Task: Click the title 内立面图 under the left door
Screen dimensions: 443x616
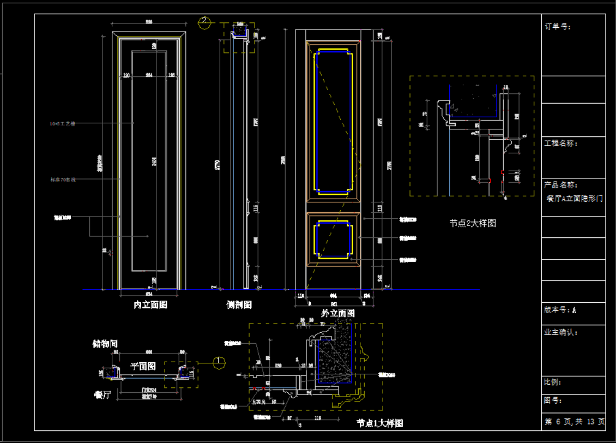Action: click(150, 305)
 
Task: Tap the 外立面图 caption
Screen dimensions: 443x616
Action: click(338, 313)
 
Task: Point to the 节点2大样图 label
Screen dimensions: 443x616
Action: click(473, 223)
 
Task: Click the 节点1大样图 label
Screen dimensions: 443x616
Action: click(380, 423)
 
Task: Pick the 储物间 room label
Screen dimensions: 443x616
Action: click(105, 344)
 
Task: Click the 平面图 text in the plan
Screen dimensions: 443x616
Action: click(143, 365)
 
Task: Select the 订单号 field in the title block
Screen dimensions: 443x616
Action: click(557, 26)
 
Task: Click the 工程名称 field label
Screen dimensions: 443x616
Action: click(561, 143)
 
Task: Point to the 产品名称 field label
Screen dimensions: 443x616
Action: click(561, 185)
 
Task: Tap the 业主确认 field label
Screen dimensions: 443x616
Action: click(561, 332)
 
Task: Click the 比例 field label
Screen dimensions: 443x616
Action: click(553, 382)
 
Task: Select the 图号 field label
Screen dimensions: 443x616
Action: click(553, 400)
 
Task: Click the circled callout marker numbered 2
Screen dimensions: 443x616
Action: click(204, 22)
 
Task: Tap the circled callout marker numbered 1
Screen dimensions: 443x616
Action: click(220, 362)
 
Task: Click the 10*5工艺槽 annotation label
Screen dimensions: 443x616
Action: click(62, 124)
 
